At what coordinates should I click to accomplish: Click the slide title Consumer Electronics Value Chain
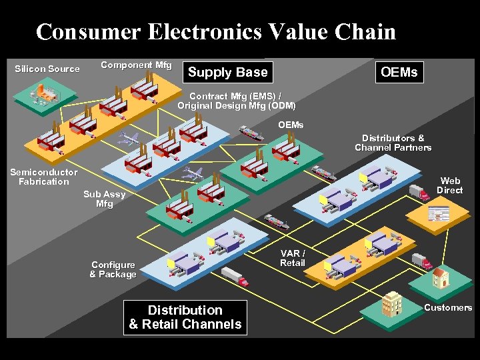click(x=216, y=31)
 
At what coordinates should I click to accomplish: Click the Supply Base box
click(x=227, y=72)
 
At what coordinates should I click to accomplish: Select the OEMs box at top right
click(x=399, y=72)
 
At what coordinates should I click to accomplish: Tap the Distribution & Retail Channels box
click(x=185, y=317)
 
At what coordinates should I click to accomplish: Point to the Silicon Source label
click(x=47, y=69)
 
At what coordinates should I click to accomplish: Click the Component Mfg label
click(x=136, y=65)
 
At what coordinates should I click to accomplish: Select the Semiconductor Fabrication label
click(x=43, y=177)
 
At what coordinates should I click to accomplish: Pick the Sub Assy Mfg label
click(x=104, y=199)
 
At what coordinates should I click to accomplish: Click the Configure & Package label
click(x=113, y=269)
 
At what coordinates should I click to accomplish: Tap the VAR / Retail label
click(x=293, y=258)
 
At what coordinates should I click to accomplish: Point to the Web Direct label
click(x=450, y=185)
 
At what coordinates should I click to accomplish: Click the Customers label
click(x=448, y=307)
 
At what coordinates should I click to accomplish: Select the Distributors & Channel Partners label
click(x=393, y=143)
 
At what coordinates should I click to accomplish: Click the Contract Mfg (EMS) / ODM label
click(x=236, y=101)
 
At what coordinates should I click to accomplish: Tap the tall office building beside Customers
click(x=393, y=304)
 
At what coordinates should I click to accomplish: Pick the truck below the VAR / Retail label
click(x=235, y=276)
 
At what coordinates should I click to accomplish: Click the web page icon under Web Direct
click(x=439, y=214)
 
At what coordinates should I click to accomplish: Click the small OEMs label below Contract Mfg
click(x=290, y=125)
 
